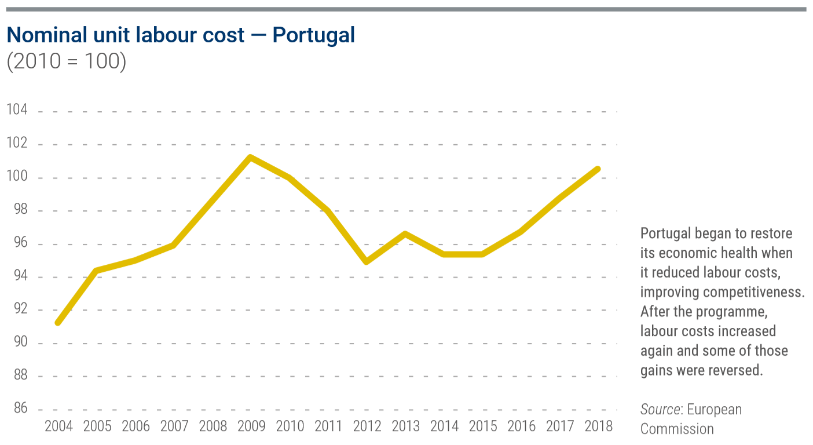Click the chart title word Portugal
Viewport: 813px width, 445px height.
coord(313,36)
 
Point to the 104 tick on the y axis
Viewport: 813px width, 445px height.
coord(17,111)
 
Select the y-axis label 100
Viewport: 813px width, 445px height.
coord(17,177)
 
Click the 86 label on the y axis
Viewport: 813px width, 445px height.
coord(20,409)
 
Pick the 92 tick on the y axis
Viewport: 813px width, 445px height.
coord(20,310)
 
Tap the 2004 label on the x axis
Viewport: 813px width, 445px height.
coord(58,426)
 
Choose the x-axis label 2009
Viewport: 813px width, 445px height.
coord(251,426)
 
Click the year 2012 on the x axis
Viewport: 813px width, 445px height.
coord(367,426)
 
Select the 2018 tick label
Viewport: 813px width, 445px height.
coord(598,426)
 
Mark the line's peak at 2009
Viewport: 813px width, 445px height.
coord(250,157)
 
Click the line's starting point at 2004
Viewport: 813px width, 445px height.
coord(58,322)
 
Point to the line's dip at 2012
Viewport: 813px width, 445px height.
coord(367,261)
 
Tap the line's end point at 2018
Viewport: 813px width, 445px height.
coord(598,169)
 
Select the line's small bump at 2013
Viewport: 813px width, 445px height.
coord(405,234)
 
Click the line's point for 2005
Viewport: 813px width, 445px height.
coord(97,270)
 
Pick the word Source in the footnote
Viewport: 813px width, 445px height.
coord(660,410)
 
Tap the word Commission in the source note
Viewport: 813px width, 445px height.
coord(677,429)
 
